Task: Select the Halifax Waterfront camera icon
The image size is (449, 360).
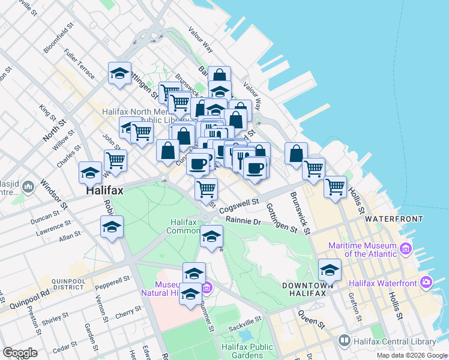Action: (x=426, y=282)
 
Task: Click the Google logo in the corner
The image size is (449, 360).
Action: (x=20, y=353)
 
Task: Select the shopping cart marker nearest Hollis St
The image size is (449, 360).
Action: (x=335, y=187)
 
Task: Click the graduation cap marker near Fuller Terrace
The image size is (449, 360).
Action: (x=119, y=74)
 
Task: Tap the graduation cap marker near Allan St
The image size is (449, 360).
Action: (x=112, y=228)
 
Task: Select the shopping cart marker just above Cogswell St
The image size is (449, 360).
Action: (x=206, y=189)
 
